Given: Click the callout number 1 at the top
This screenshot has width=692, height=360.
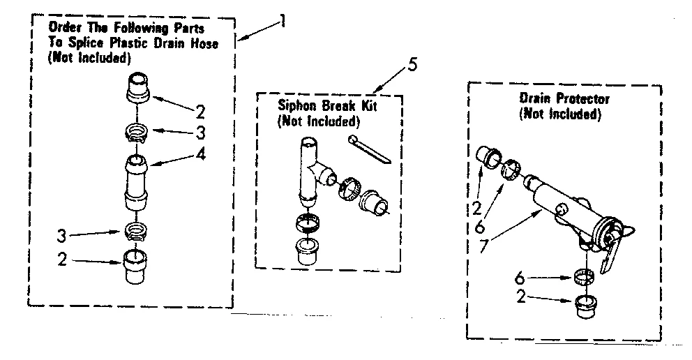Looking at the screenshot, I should [x=281, y=21].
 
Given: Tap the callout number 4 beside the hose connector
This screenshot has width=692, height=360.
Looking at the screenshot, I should [x=200, y=155].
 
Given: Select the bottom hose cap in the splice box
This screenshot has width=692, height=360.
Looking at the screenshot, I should [x=136, y=265].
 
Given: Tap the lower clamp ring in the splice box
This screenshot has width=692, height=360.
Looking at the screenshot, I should [x=137, y=230].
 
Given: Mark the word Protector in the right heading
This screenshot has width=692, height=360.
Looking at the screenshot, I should [x=583, y=100].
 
